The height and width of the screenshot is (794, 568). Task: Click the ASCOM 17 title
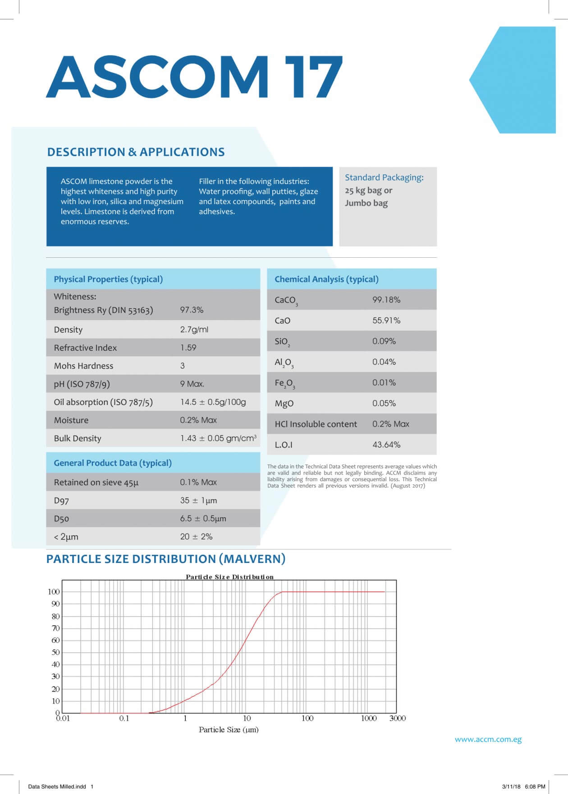pos(194,77)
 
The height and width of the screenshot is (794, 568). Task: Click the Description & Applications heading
pos(136,152)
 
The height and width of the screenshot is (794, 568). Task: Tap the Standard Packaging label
pos(384,177)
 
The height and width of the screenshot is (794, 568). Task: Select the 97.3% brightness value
pos(192,310)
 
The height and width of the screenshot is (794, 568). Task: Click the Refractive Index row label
pos(85,348)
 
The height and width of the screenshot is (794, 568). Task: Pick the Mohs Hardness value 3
pos(183,366)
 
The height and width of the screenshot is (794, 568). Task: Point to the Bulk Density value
pos(218,438)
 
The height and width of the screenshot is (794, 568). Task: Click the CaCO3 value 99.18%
pos(386,300)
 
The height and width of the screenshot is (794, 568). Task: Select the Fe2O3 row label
pos(284,384)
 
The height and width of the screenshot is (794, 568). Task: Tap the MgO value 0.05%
pos(384,404)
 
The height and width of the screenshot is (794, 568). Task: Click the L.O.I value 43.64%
pos(386,445)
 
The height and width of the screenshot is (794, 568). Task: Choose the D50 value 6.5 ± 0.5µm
pos(203,519)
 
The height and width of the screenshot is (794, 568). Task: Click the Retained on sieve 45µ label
pos(96,483)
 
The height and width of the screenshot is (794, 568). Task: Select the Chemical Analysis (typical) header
pos(326,279)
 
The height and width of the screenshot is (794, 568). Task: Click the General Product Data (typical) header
pos(113,463)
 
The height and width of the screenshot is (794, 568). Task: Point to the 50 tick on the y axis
pos(55,652)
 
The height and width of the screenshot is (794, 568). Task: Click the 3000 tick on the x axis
pos(397,718)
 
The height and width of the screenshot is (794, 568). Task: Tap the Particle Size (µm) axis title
pos(229,729)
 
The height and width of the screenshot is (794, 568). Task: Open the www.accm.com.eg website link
pos(488,739)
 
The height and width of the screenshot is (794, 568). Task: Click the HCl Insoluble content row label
pos(316,424)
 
